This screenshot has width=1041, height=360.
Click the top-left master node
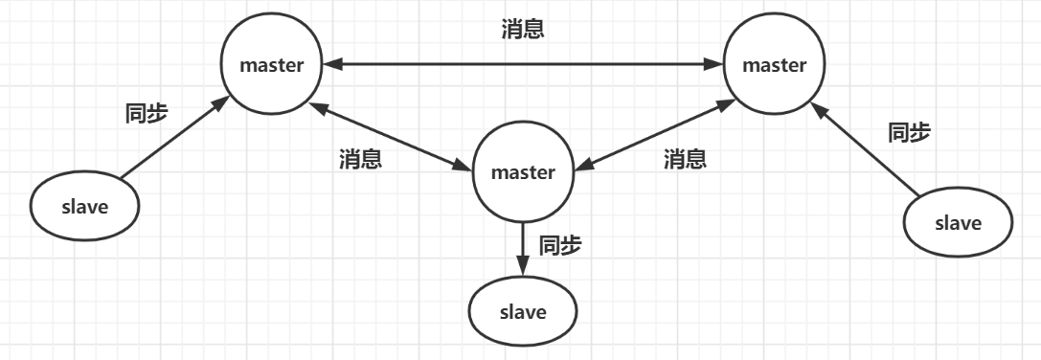272,66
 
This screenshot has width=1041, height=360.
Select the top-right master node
775,66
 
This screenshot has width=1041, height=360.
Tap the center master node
523,173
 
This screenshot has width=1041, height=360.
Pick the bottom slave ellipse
523,312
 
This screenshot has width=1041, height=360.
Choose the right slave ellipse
958,223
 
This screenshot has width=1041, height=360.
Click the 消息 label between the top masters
523,30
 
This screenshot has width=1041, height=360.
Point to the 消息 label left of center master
361,159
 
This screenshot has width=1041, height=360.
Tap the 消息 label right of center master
686,159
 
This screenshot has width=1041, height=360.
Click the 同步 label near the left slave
147,113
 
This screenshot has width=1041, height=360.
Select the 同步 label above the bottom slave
561,245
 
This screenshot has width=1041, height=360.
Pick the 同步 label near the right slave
909,132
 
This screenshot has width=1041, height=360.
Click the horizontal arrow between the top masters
523,65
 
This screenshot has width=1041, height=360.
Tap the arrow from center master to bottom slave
523,248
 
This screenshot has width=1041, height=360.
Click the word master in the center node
523,173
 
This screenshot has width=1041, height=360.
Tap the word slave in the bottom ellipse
523,312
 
